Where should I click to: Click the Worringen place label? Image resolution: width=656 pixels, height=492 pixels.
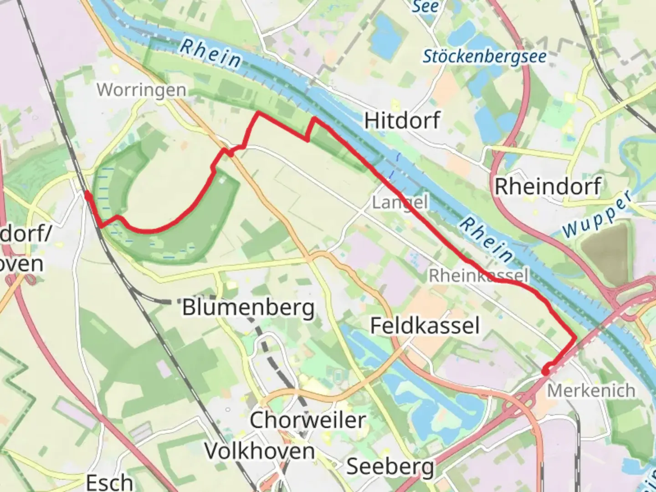141,90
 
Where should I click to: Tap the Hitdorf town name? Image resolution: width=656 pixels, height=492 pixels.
402,121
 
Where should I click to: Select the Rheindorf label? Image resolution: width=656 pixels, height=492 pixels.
548,186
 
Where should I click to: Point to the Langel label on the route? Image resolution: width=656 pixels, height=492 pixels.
400,202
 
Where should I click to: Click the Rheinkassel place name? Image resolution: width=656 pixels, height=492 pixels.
478,275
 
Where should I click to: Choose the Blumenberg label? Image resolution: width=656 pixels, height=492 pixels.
248,308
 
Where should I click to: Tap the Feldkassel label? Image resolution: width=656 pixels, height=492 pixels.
425,326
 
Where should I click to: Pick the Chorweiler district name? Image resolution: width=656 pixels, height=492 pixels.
307,420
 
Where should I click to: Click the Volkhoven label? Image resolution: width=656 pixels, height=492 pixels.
259,451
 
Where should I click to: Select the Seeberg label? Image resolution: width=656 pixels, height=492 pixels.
390,466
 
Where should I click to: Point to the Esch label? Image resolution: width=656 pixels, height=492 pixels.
110,482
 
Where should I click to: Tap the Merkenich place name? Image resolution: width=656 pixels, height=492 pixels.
591,390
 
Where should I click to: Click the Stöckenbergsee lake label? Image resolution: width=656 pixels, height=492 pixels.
485,57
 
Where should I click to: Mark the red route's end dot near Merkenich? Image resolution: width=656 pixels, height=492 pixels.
545,372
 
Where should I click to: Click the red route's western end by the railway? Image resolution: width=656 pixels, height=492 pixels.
87,195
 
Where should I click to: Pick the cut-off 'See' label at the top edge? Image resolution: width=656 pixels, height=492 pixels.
425,6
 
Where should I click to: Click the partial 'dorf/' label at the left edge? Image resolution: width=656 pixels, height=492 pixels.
25,233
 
